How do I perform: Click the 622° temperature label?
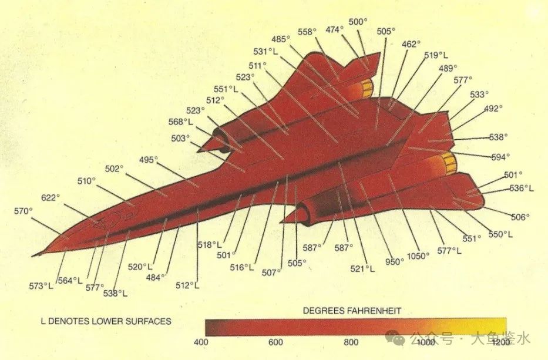(51, 197)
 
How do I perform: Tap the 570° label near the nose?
(23, 211)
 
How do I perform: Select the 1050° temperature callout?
(419, 255)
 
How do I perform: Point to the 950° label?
(394, 261)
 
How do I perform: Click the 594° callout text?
(500, 157)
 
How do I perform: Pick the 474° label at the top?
(334, 29)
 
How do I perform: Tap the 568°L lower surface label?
(180, 122)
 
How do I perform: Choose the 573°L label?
(41, 286)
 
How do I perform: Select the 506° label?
(520, 217)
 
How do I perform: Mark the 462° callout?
(411, 44)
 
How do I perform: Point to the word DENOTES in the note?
(69, 321)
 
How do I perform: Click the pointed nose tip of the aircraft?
(34, 255)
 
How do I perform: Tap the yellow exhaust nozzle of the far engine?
(367, 88)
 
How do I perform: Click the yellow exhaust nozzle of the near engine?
(450, 163)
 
